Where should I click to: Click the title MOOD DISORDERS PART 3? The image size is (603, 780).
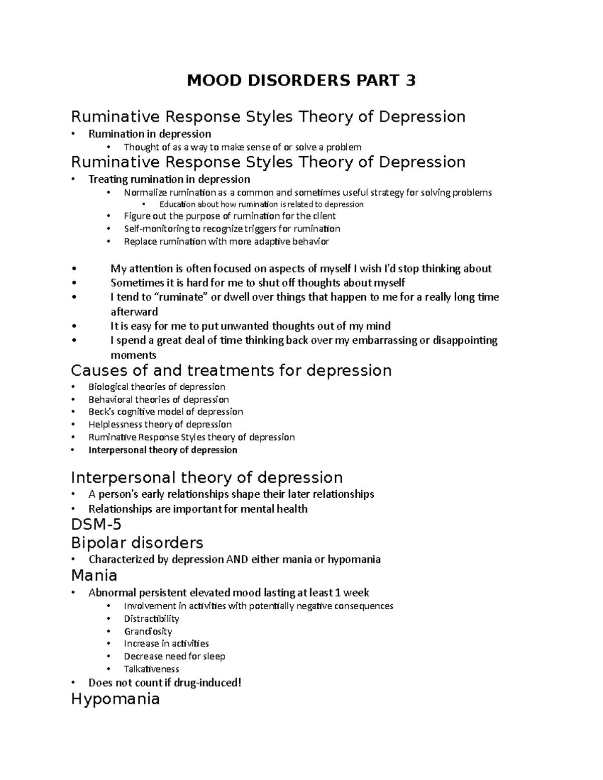click(x=301, y=80)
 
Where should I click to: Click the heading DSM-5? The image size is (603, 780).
click(x=96, y=525)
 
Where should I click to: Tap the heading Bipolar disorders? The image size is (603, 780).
click(x=137, y=542)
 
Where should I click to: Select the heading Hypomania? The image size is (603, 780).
click(x=115, y=698)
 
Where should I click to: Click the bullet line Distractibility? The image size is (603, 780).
click(x=151, y=619)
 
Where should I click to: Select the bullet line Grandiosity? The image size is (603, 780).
click(x=148, y=631)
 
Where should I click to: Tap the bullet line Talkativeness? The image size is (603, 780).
click(x=151, y=669)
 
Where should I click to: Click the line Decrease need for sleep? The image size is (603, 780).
click(x=174, y=656)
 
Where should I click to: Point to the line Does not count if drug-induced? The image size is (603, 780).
click(x=165, y=683)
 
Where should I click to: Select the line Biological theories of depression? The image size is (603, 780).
click(x=157, y=387)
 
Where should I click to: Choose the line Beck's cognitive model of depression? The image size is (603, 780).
click(x=165, y=412)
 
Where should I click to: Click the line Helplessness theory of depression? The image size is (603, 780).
click(x=160, y=424)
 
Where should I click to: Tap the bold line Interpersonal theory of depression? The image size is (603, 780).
click(x=163, y=450)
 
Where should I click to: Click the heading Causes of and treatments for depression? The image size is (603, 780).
click(x=231, y=371)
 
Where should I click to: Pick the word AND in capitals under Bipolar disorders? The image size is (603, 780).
click(x=238, y=559)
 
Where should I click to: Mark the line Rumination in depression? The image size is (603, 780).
click(x=150, y=134)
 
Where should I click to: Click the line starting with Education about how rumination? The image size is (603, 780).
click(x=261, y=204)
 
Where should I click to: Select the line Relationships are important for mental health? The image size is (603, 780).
click(x=198, y=509)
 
